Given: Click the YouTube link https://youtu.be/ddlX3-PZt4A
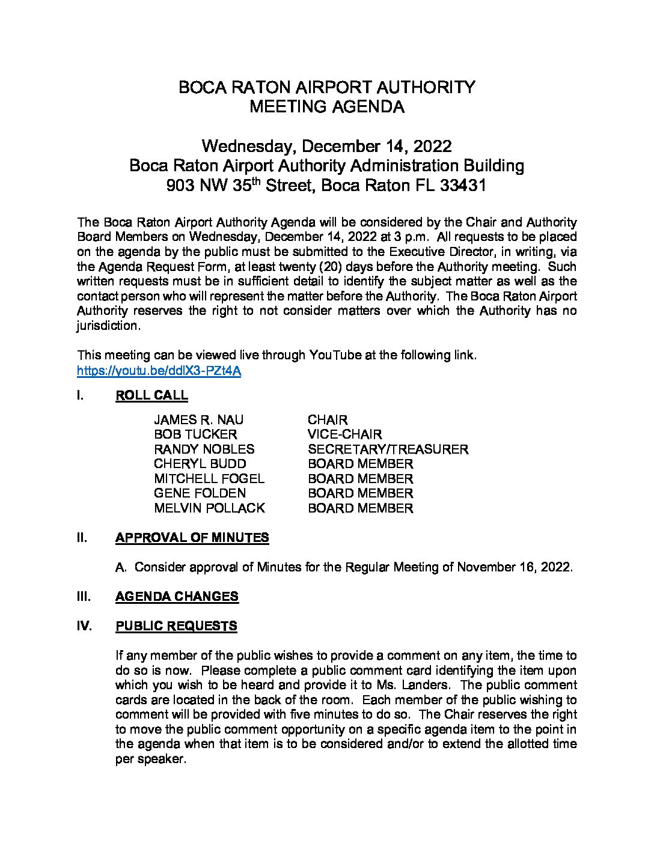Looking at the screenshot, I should tap(159, 371).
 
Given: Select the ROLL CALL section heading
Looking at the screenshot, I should tap(151, 395).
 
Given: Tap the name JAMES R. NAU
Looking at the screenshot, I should tap(199, 420).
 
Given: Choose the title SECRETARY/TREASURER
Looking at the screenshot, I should tap(388, 449).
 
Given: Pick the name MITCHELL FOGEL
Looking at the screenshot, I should tap(209, 479).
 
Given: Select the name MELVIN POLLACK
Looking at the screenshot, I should tap(209, 508).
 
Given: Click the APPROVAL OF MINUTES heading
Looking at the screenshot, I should tap(192, 538).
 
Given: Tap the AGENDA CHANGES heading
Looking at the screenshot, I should tap(177, 597).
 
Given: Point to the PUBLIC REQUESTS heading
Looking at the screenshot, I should tap(176, 626).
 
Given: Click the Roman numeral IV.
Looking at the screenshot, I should tap(84, 626).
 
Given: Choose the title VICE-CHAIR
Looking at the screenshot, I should tap(344, 434).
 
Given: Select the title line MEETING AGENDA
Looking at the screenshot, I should tap(326, 108).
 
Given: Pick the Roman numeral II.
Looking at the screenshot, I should tap(82, 538).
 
